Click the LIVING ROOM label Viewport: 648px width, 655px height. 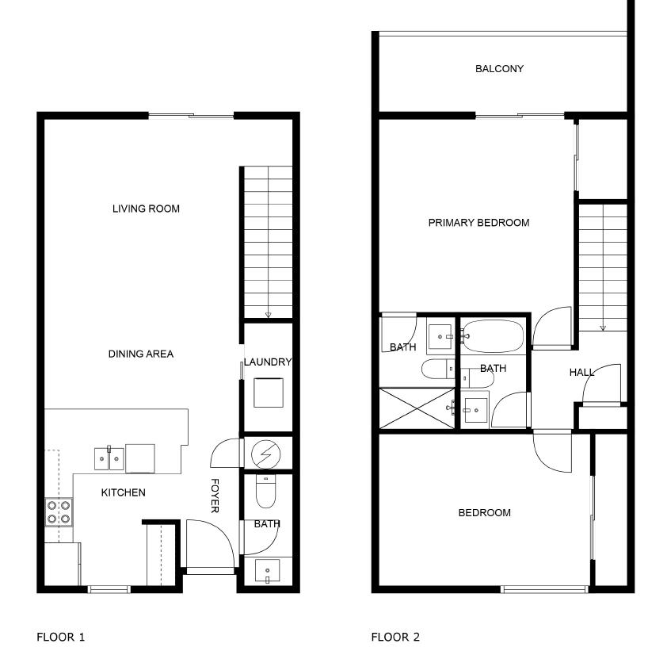click(146, 209)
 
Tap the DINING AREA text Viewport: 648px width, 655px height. click(141, 354)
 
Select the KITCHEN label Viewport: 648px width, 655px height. click(123, 492)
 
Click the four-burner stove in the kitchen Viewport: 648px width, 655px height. click(59, 511)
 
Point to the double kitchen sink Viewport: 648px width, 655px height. click(109, 458)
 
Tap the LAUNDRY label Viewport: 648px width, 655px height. click(268, 362)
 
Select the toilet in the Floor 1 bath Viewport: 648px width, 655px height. click(265, 493)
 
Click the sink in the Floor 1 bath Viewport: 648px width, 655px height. click(268, 571)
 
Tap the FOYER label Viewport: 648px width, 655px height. click(215, 496)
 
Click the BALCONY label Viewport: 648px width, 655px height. click(499, 69)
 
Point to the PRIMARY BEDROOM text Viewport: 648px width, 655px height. click(478, 223)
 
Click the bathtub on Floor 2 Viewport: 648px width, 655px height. click(493, 336)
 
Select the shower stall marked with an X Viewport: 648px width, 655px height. click(418, 408)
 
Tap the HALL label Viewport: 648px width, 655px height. click(581, 373)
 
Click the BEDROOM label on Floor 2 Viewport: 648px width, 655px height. click(484, 513)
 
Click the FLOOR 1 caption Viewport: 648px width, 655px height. click(60, 637)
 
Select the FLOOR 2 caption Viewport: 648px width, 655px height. click(395, 637)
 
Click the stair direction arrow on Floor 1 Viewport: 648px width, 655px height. click(268, 315)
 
